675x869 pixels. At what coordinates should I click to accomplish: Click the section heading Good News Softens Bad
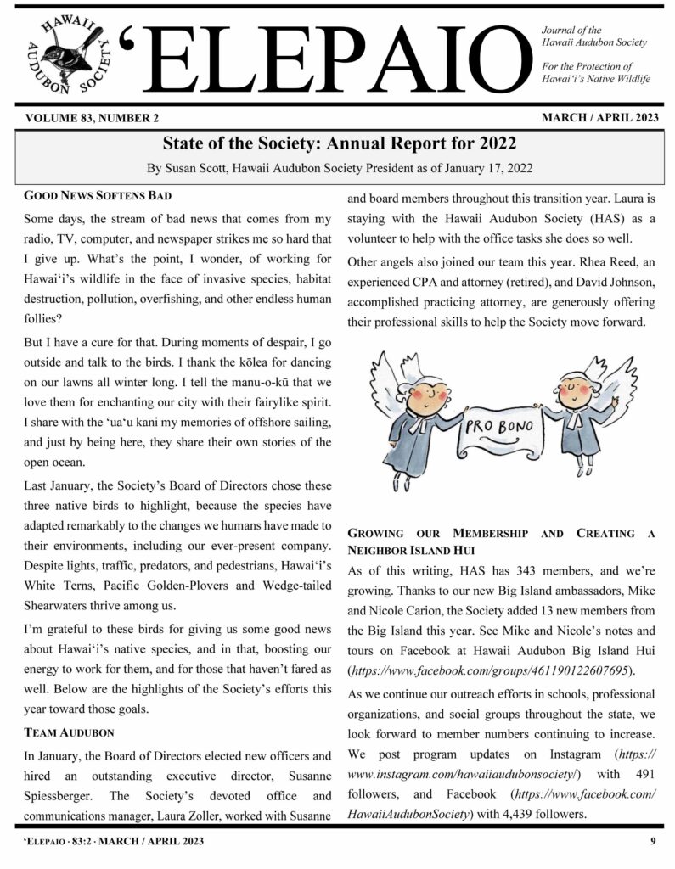pyautogui.click(x=86, y=196)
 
